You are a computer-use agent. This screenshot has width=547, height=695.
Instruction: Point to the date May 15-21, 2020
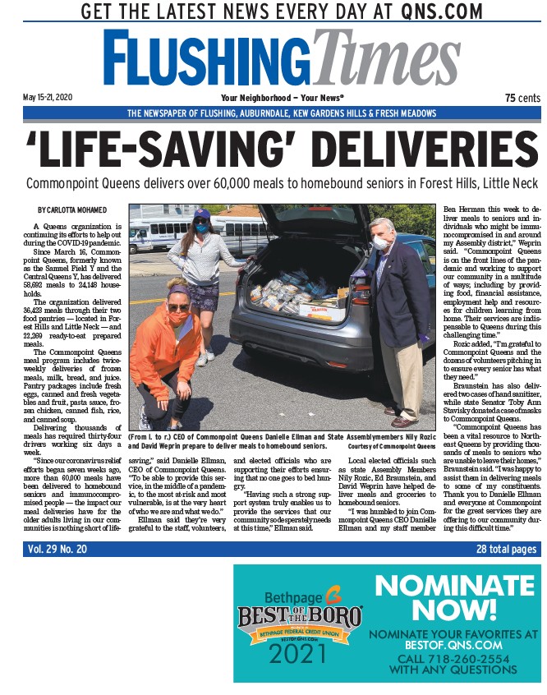coord(48,97)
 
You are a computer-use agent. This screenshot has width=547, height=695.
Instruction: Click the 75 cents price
coord(522,97)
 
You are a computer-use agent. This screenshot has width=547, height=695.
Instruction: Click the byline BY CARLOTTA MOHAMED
coord(71,210)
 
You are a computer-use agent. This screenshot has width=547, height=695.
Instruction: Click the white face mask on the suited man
coord(380,243)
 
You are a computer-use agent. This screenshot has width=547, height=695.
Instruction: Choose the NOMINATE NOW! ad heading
coord(454,597)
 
